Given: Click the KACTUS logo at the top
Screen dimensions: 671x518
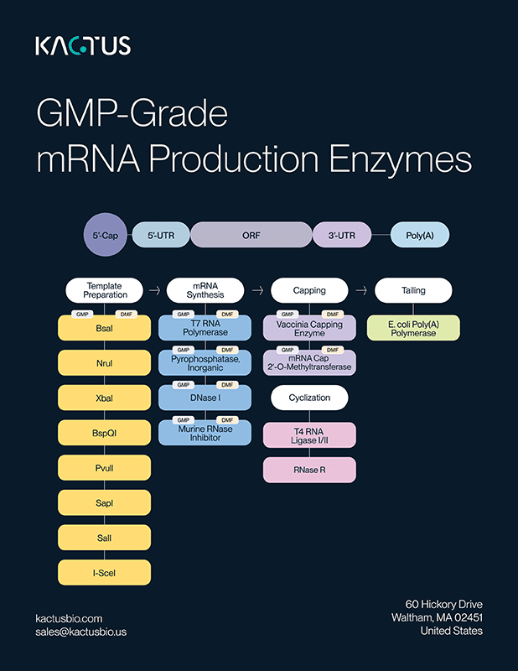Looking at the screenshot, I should [83, 45].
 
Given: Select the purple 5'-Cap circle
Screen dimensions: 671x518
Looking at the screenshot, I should [105, 236].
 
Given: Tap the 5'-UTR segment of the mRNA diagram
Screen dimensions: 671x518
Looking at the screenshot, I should [159, 236].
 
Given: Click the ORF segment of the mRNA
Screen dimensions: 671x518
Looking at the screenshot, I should [251, 236].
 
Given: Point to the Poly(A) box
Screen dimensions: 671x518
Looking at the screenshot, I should [419, 236].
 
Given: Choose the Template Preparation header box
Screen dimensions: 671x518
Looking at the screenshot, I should [105, 291].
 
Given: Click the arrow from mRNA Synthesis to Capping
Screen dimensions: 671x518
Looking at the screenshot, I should [258, 290].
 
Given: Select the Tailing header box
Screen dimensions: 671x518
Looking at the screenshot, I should [413, 290].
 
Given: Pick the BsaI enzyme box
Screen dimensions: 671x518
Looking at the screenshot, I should [105, 329].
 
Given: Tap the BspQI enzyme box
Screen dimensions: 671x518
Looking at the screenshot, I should [105, 433].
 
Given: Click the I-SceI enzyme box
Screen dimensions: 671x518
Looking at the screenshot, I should [105, 573].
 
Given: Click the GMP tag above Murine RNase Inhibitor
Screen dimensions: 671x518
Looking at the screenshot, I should [183, 419].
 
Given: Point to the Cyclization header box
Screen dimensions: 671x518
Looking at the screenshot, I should [309, 397].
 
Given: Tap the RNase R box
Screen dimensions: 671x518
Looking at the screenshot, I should [309, 470].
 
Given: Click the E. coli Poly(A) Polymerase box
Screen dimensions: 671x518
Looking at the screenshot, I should [413, 328].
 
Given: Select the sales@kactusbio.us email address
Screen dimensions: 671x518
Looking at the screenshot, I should [80, 632].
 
